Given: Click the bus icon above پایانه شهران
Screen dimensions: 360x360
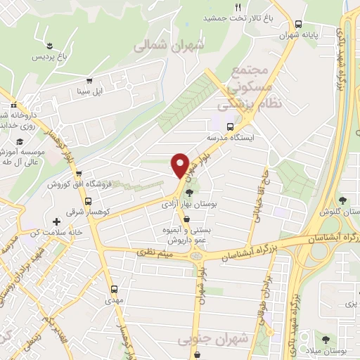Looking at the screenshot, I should pyautogui.click(x=299, y=23).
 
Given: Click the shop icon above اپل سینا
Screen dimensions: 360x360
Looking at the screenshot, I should pyautogui.click(x=89, y=80).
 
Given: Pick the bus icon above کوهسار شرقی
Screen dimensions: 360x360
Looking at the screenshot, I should pyautogui.click(x=87, y=200).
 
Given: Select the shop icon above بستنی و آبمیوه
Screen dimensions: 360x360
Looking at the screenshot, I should pyautogui.click(x=185, y=219).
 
